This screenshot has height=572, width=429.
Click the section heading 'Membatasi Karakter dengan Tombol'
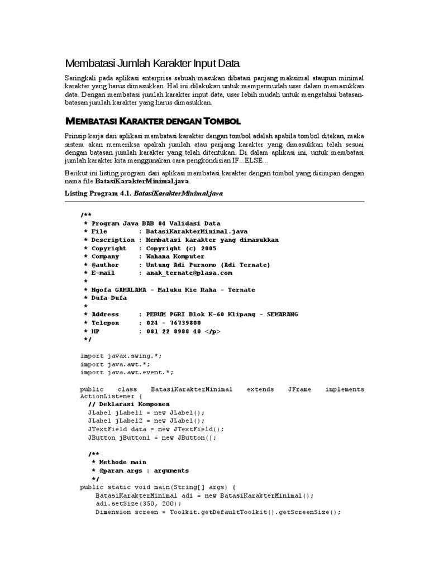(x=152, y=121)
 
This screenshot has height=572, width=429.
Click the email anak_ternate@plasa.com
(x=189, y=273)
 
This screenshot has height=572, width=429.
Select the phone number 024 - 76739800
(x=174, y=323)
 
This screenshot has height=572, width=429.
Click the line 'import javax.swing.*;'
(x=121, y=355)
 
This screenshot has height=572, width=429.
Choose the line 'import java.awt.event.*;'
(x=127, y=372)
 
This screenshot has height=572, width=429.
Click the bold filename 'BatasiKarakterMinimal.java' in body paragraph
(x=142, y=182)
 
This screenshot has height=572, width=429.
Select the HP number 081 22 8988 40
(x=174, y=331)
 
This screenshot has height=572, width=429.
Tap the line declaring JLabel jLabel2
(x=146, y=421)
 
